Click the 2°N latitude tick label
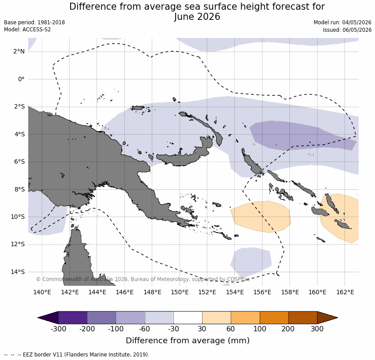(19, 52)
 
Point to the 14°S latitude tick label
(18, 272)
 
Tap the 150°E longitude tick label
(180, 292)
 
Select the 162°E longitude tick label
(345, 292)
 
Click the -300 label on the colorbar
(58, 329)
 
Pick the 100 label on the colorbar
(260, 329)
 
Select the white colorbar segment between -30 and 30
(188, 318)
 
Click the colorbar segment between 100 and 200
(274, 318)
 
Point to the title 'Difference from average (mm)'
(187, 341)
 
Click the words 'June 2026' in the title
(197, 17)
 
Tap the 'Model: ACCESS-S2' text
(27, 30)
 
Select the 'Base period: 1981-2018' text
(34, 22)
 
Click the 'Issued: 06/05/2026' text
(347, 30)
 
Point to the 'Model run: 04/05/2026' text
(342, 22)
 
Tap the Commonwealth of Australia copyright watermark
(143, 279)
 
